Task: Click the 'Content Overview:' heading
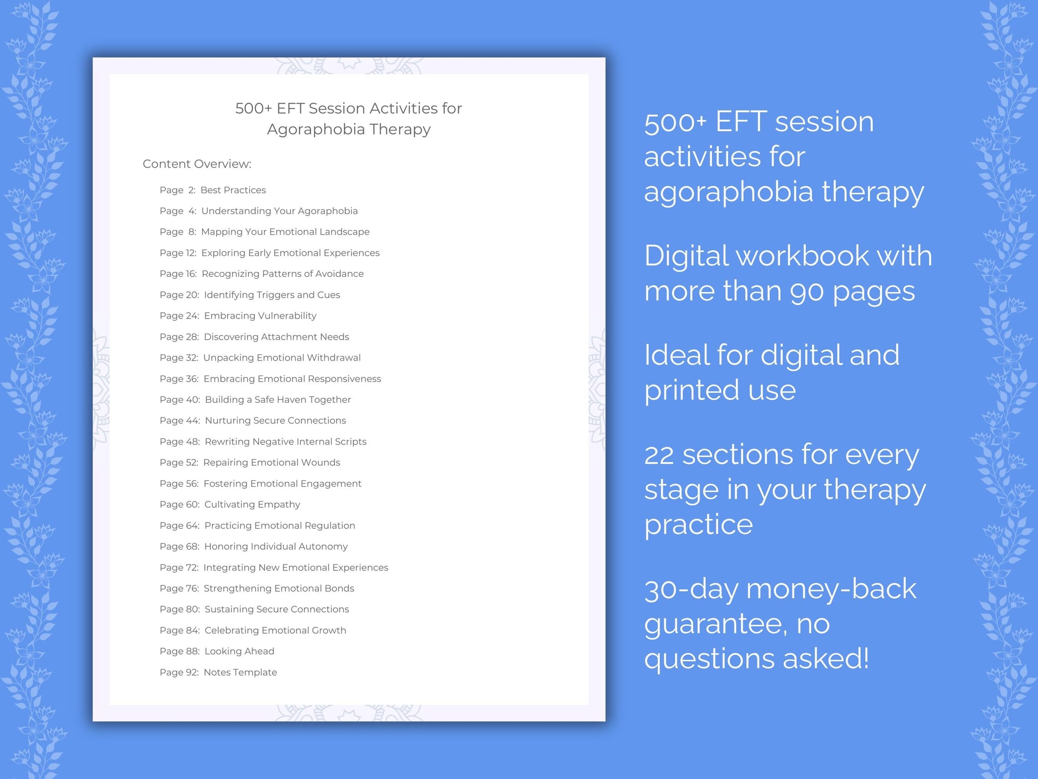coord(197,164)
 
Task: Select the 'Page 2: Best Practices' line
coord(212,190)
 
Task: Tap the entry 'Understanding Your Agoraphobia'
coord(279,211)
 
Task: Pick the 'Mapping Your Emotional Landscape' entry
coord(285,232)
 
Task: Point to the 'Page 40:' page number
coord(180,400)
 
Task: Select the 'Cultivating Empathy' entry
coord(252,504)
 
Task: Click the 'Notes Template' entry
coord(240,672)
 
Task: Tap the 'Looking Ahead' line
coord(239,651)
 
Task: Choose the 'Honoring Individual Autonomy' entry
coord(276,546)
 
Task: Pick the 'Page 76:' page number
coord(179,588)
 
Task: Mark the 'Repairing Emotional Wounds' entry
coord(272,463)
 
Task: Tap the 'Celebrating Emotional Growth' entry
coord(275,630)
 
